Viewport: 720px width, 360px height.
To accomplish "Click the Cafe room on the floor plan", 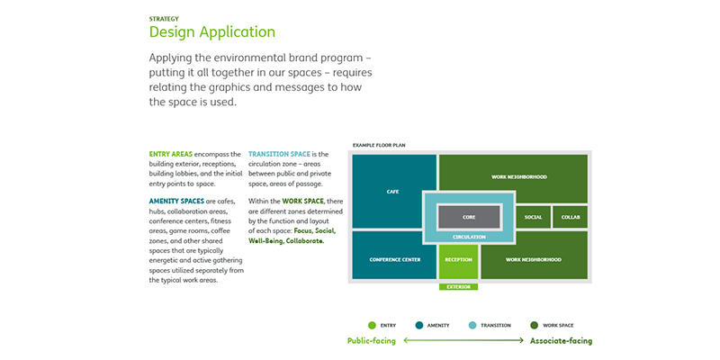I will click(x=392, y=191).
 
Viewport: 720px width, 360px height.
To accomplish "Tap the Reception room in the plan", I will click(x=458, y=259).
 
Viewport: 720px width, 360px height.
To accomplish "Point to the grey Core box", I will click(x=469, y=217).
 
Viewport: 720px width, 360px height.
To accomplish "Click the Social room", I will click(x=533, y=217).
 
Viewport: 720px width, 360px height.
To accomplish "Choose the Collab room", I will click(x=571, y=217).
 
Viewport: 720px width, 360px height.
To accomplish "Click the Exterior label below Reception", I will click(x=458, y=287).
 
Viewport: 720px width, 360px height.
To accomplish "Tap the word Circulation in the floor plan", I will click(x=469, y=237).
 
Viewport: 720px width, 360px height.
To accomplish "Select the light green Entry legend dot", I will click(x=372, y=324).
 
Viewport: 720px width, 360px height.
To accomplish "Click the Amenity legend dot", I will click(x=420, y=324).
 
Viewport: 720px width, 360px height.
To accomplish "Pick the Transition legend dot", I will click(x=473, y=324).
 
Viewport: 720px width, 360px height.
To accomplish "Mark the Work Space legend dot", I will click(x=535, y=324).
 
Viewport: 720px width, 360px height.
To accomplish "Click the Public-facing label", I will click(x=371, y=341).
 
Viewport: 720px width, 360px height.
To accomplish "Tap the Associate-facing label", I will click(x=561, y=341).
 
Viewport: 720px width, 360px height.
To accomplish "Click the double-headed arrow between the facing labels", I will click(x=463, y=341).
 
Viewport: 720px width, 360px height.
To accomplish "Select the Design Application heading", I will click(x=211, y=32).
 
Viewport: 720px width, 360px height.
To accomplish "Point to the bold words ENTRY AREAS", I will click(x=170, y=154).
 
